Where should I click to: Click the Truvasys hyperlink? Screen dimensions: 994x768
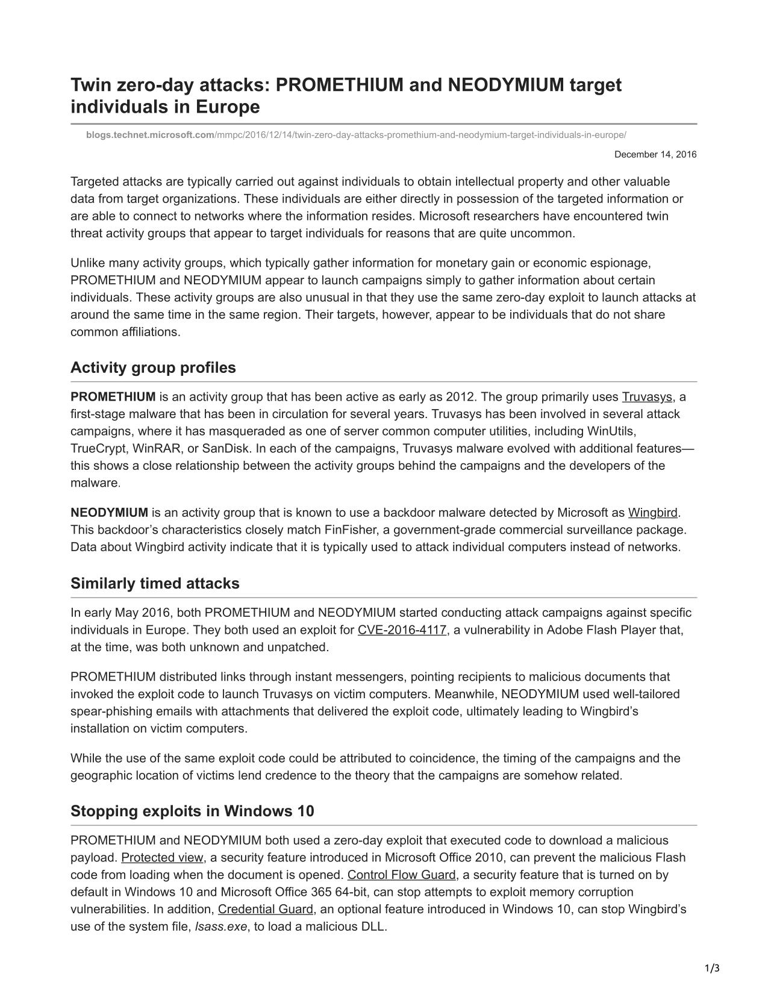coord(646,396)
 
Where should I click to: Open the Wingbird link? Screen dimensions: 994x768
coord(652,513)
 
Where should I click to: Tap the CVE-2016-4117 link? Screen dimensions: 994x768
coord(402,630)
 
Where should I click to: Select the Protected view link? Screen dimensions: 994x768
coord(162,857)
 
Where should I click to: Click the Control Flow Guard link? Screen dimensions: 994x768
coord(401,875)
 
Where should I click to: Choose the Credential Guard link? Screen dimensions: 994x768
coord(265,909)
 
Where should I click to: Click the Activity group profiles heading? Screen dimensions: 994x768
coord(153,367)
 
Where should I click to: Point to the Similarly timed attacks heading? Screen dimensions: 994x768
coord(155,583)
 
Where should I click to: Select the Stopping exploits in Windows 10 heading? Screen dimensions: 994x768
coord(192,811)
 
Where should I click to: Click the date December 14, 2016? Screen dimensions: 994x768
coord(655,155)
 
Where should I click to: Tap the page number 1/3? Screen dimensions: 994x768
coord(712,969)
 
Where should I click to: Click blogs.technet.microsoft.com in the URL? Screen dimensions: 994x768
coord(150,135)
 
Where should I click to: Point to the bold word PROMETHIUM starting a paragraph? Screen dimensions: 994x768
coord(113,396)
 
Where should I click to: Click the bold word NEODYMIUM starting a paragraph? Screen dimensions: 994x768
coord(109,513)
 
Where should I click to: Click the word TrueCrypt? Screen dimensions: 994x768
coord(97,449)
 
